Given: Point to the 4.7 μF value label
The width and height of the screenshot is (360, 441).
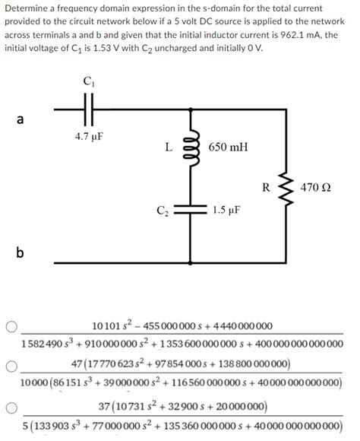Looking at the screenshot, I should [89, 137].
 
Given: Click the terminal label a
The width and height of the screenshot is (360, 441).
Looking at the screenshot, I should [20, 119].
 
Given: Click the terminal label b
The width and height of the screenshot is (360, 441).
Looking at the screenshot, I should [20, 253].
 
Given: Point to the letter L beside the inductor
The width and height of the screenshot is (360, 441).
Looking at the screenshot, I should [168, 148].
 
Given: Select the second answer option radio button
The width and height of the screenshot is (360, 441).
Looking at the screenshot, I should [11, 366].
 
